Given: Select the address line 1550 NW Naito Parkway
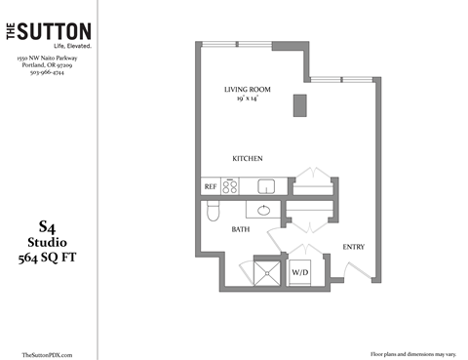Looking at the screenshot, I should point(47,59).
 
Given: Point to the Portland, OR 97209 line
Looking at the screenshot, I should point(47,66).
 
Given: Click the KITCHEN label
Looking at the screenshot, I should point(248,158).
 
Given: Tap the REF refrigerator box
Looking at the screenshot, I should point(210,185).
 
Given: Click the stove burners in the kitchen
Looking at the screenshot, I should point(231,185).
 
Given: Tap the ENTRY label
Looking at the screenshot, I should point(353,247).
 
